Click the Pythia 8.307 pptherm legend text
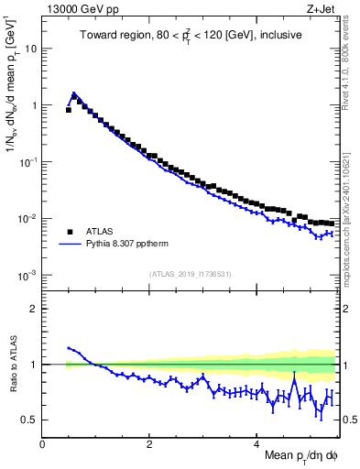click(132, 245)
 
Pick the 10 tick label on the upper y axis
click(31, 49)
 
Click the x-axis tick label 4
click(257, 444)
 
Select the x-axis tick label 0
click(43, 444)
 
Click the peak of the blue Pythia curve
click(73, 93)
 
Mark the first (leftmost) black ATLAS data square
click(69, 110)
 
